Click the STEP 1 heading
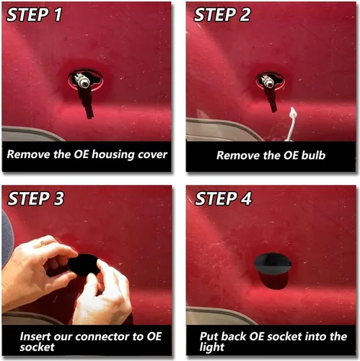coord(34,14)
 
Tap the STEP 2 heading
coord(222,14)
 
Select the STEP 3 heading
coord(35,199)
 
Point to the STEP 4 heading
coord(223,199)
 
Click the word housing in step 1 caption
coord(113,155)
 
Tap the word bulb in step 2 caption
coord(313,155)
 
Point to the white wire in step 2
coord(291,124)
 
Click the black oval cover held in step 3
coord(84,265)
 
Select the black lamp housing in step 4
coord(273,271)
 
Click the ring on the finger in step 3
coord(43,243)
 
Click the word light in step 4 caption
coord(212,347)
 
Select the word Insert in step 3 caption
coord(35,336)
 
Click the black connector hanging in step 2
coord(271,100)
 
